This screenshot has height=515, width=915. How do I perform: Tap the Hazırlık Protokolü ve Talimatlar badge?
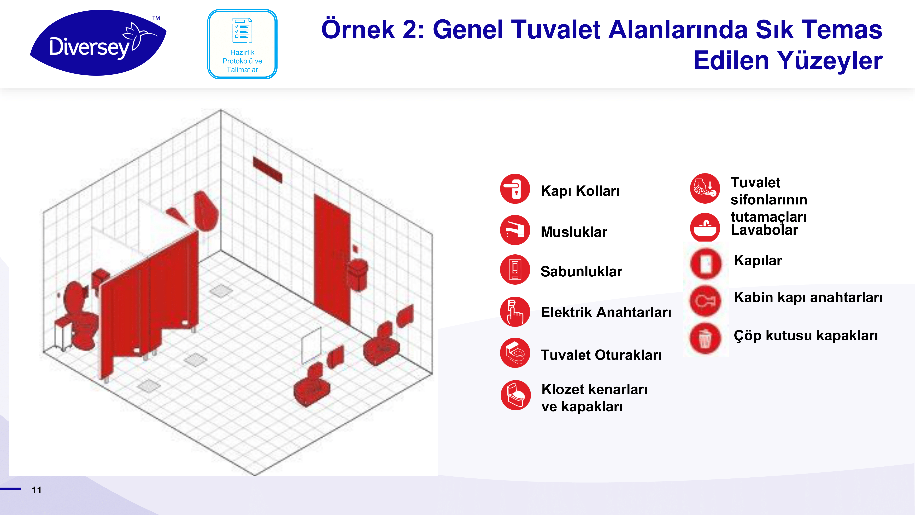pyautogui.click(x=242, y=44)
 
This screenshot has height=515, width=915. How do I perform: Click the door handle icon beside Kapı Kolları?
pyautogui.click(x=515, y=189)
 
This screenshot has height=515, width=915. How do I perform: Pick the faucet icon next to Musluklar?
pyautogui.click(x=515, y=230)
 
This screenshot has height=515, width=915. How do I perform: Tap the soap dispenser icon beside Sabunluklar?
pyautogui.click(x=515, y=269)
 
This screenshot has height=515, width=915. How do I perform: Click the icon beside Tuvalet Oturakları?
pyautogui.click(x=515, y=353)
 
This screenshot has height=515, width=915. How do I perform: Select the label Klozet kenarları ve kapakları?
pyautogui.click(x=594, y=398)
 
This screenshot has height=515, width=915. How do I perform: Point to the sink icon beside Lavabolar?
pyautogui.click(x=705, y=227)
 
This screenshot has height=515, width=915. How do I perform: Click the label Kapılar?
pyautogui.click(x=758, y=261)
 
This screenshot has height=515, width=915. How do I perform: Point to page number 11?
pyautogui.click(x=37, y=490)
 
